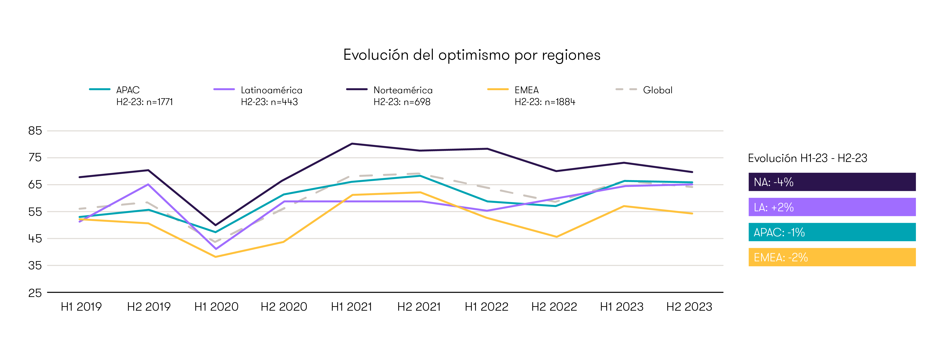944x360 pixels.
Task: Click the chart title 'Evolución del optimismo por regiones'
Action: tap(472, 55)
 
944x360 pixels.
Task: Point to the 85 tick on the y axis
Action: tap(35, 131)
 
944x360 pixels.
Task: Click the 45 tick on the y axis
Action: tap(35, 239)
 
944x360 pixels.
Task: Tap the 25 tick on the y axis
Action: tap(35, 293)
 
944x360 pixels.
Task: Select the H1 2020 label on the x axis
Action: tap(216, 306)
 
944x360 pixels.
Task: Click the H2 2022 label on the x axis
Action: tap(554, 306)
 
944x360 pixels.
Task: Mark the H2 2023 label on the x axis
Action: tap(689, 306)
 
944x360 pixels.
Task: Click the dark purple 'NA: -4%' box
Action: tap(832, 182)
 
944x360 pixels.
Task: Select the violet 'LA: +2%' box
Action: tap(832, 207)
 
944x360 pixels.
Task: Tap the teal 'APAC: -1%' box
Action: tap(832, 232)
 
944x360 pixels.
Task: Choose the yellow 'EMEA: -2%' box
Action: tap(832, 257)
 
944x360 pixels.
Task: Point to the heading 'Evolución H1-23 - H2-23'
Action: tap(807, 158)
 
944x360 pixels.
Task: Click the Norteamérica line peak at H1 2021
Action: tap(352, 144)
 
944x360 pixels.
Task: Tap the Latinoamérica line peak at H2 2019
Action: tap(148, 184)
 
